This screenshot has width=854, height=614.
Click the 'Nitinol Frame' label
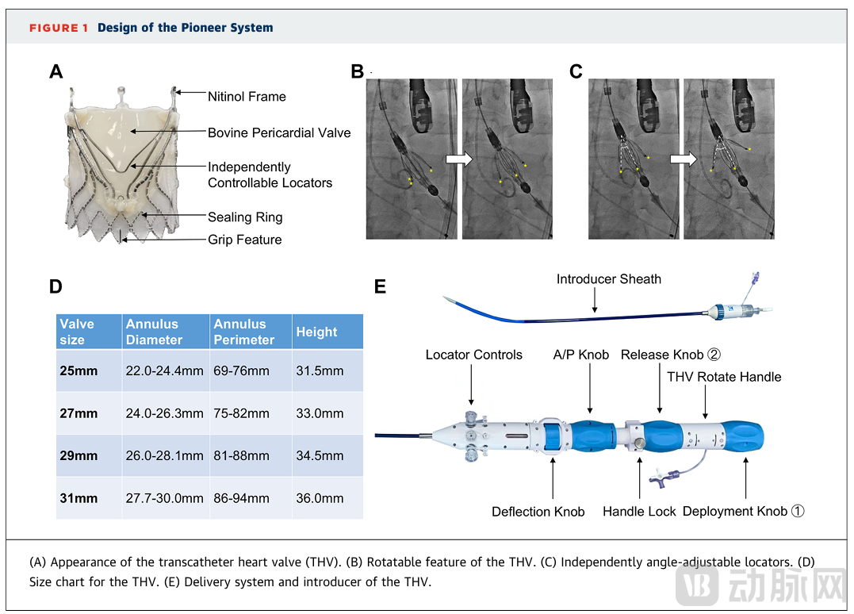[247, 97]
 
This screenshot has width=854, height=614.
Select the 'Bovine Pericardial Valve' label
[279, 133]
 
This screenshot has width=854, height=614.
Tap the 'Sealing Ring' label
[245, 217]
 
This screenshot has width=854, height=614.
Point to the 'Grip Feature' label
[244, 240]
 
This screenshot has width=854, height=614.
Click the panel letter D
[56, 287]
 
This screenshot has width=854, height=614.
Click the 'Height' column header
[316, 332]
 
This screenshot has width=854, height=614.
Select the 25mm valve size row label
[79, 370]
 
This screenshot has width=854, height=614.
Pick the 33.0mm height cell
[320, 413]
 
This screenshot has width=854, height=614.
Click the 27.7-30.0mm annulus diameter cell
[165, 498]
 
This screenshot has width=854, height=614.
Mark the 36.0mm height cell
[320, 498]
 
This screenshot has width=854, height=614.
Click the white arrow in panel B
[458, 159]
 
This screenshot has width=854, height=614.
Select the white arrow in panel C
[682, 159]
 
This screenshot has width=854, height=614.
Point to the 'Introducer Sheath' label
[608, 279]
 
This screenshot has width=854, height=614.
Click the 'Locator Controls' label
[473, 355]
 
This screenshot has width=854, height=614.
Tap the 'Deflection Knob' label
[538, 512]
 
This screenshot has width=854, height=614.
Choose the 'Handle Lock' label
[639, 512]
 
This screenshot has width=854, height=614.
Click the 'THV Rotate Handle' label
[724, 377]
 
